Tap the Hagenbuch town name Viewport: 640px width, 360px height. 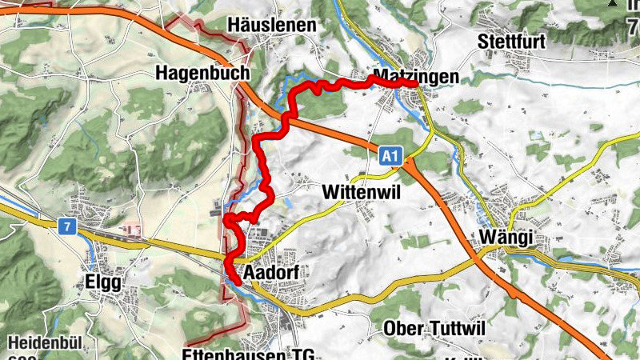tap(203, 73)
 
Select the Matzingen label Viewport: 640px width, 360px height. tap(416, 77)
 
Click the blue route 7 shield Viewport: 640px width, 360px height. tap(66, 227)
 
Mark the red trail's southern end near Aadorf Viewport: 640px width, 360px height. tap(238, 281)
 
